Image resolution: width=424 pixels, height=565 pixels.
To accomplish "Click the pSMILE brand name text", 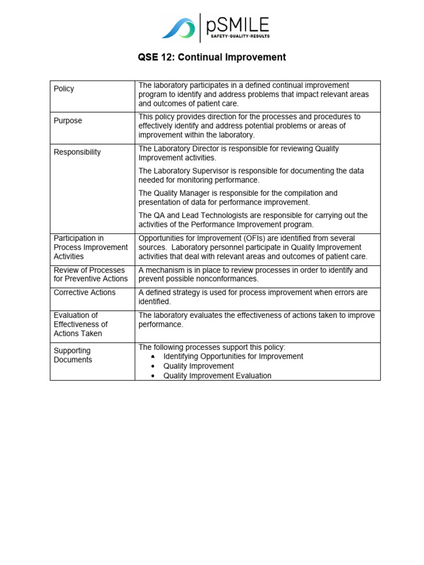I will [x=238, y=24].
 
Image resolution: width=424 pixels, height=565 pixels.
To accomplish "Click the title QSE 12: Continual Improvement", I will [x=212, y=57].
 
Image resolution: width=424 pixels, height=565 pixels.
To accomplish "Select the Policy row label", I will [x=64, y=89].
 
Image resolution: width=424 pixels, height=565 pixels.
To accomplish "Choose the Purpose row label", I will [x=68, y=121].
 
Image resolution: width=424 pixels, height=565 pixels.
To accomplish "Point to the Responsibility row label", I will [x=77, y=152].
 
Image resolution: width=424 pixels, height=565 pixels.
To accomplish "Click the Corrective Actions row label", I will [x=84, y=292].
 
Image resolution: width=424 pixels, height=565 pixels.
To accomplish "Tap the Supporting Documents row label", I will [x=73, y=355].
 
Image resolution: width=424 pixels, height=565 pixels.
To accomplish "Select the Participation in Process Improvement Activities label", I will [x=91, y=247].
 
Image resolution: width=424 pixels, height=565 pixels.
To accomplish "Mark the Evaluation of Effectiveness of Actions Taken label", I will [x=81, y=324].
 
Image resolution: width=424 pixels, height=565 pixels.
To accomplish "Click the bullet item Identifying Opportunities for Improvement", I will [x=233, y=356].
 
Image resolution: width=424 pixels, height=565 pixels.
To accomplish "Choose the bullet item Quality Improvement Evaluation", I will [x=217, y=376].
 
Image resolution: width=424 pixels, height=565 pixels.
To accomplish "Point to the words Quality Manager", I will [x=185, y=193].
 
